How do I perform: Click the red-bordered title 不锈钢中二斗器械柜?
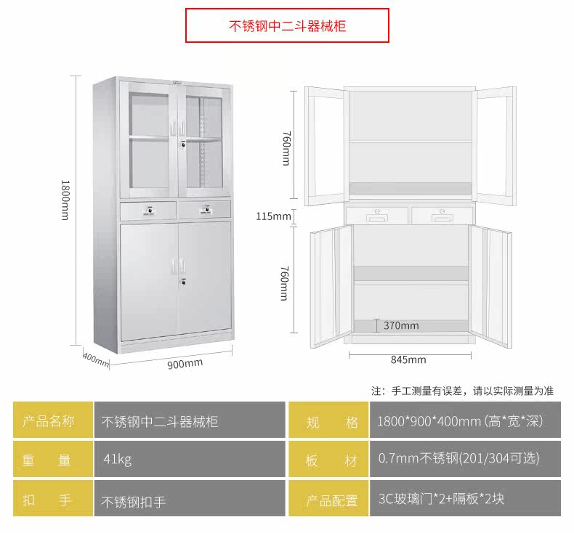(x=287, y=26)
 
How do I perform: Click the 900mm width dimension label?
(x=185, y=363)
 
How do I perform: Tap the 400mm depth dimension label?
(x=95, y=358)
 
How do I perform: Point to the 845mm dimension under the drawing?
(x=408, y=359)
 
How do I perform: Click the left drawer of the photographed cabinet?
(x=148, y=210)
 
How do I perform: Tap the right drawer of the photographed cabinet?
(x=205, y=209)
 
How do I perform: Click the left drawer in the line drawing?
(x=376, y=215)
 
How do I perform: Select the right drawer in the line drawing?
(x=442, y=215)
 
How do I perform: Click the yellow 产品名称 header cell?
(x=53, y=420)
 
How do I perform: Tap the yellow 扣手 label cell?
(x=53, y=500)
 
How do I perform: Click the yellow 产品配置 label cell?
(x=328, y=500)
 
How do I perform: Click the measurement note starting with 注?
(x=462, y=391)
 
